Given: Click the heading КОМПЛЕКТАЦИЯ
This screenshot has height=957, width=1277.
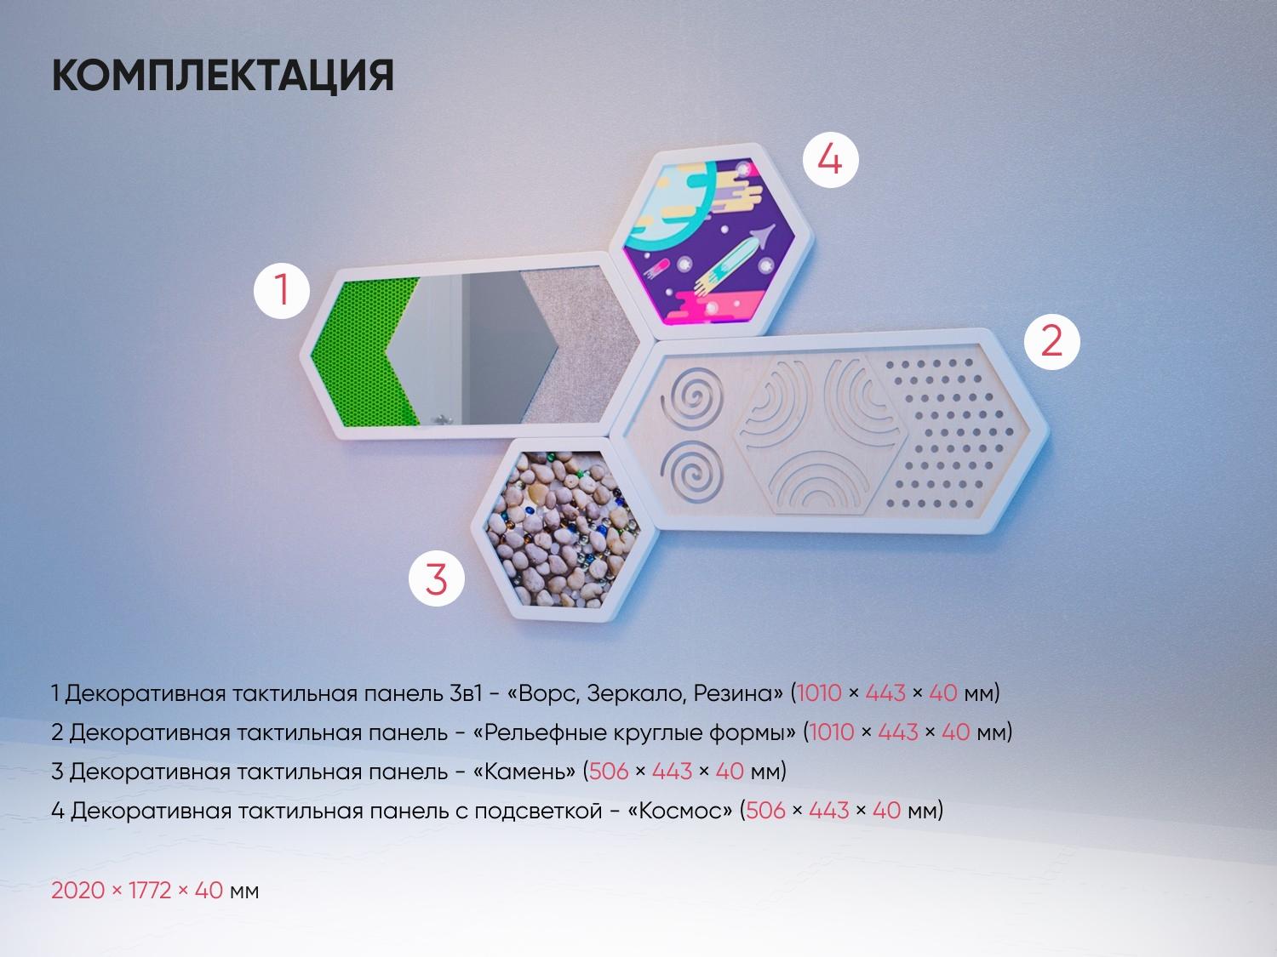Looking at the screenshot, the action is (223, 76).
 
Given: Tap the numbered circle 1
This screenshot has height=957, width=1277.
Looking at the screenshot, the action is (282, 290).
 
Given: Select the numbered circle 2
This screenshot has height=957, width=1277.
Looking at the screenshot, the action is (1052, 342).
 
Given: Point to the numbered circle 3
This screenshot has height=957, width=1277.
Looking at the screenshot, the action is (437, 578).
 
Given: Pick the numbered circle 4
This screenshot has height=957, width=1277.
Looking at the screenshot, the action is (830, 159).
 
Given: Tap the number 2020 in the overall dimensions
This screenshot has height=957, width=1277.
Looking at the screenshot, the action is (78, 890).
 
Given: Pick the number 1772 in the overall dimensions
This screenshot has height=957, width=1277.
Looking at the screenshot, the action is (150, 890).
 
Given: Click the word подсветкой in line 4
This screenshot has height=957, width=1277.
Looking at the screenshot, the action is (539, 810).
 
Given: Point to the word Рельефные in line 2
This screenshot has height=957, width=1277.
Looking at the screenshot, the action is (548, 733).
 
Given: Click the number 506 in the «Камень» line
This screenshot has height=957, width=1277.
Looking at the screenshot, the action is (609, 771).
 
